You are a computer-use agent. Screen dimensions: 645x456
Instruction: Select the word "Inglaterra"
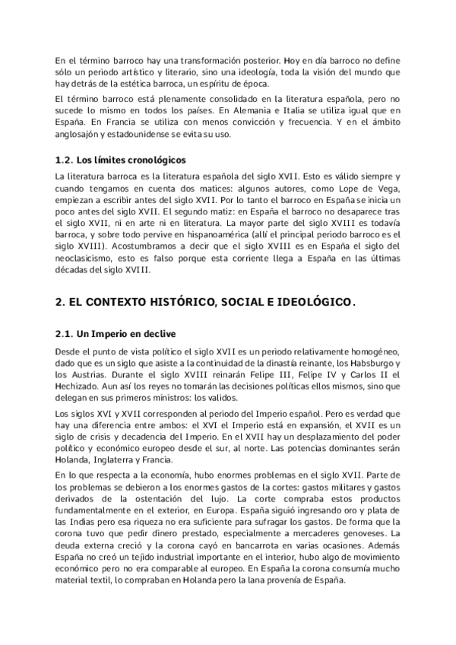tap(122, 461)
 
